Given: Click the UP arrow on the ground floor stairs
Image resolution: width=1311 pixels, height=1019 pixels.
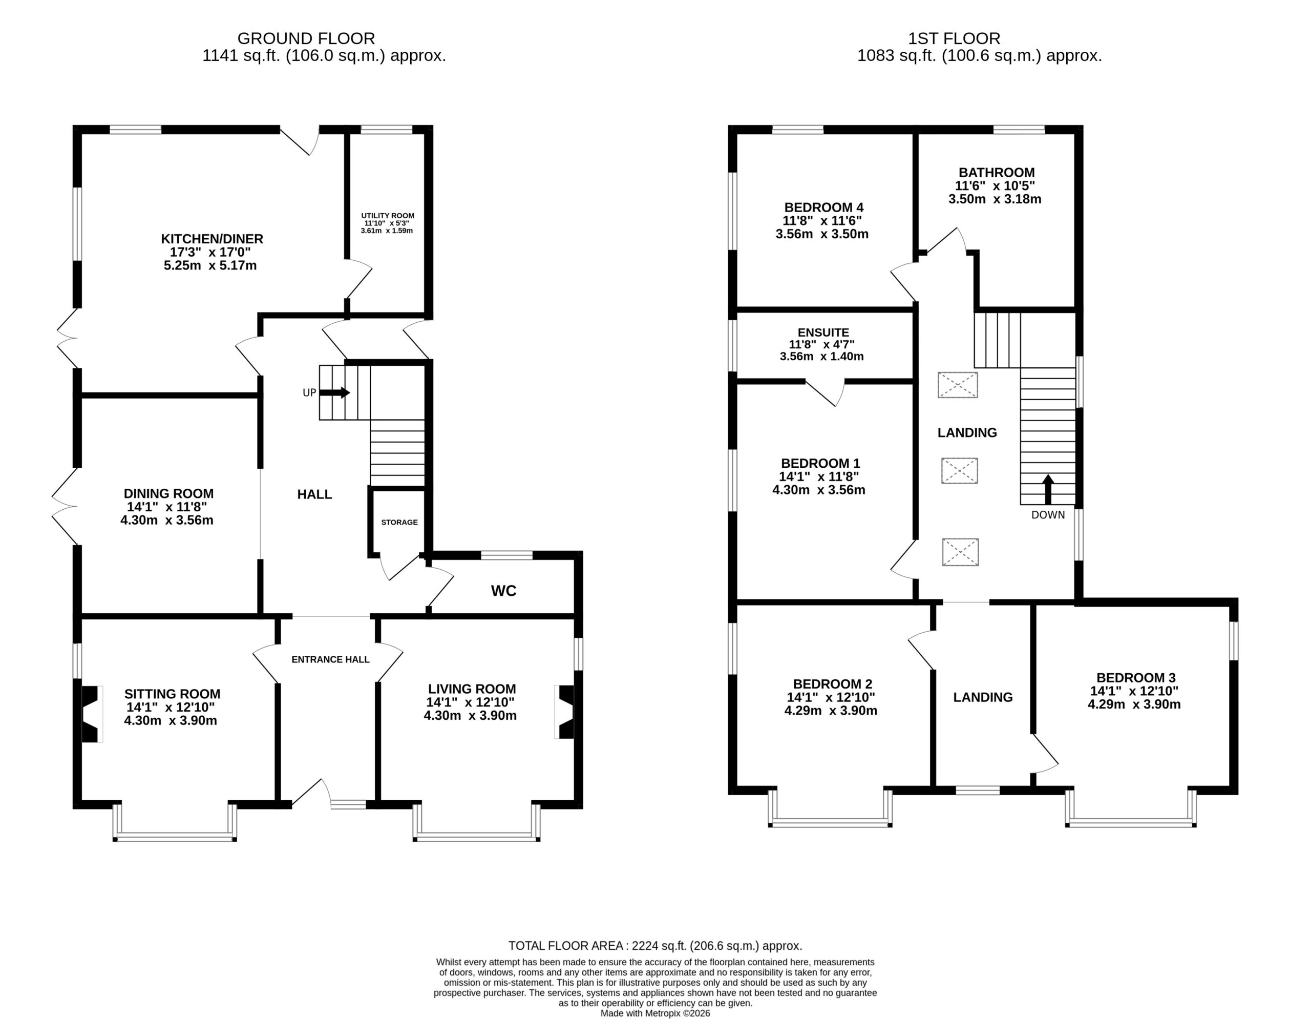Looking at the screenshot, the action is (335, 393).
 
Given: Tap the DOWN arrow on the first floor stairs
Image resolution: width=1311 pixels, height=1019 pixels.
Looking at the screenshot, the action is (1048, 489).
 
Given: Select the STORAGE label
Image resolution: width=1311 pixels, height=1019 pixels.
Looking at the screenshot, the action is (399, 523).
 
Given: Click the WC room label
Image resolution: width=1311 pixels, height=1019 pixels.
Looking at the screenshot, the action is (503, 591).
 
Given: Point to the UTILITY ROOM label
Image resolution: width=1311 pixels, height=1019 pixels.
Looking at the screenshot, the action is (388, 216).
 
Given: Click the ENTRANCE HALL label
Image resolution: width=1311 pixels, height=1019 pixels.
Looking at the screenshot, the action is (330, 659).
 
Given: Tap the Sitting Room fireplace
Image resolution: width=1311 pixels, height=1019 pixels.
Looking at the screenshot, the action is (91, 714).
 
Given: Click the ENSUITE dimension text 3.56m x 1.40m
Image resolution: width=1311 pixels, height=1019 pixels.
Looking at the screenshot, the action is (822, 357).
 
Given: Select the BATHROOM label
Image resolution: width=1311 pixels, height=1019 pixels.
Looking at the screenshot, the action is (997, 172).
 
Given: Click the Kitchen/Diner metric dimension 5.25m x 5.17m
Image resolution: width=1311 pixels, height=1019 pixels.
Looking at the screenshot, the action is (210, 265).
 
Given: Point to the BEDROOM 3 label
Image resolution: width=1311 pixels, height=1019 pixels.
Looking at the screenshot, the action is (1136, 677).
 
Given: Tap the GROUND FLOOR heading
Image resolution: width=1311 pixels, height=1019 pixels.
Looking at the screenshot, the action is (306, 38).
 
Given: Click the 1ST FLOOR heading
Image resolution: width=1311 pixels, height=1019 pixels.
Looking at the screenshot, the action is (954, 38).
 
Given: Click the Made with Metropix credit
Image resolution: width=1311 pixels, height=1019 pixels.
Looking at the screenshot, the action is (655, 1013).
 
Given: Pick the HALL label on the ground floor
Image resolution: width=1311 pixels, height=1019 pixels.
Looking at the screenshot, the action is (314, 494).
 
